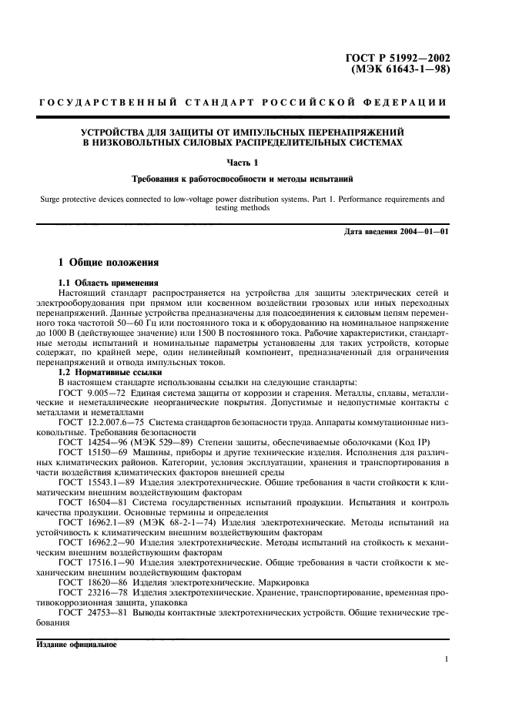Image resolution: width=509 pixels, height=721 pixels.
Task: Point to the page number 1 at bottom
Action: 446,659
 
